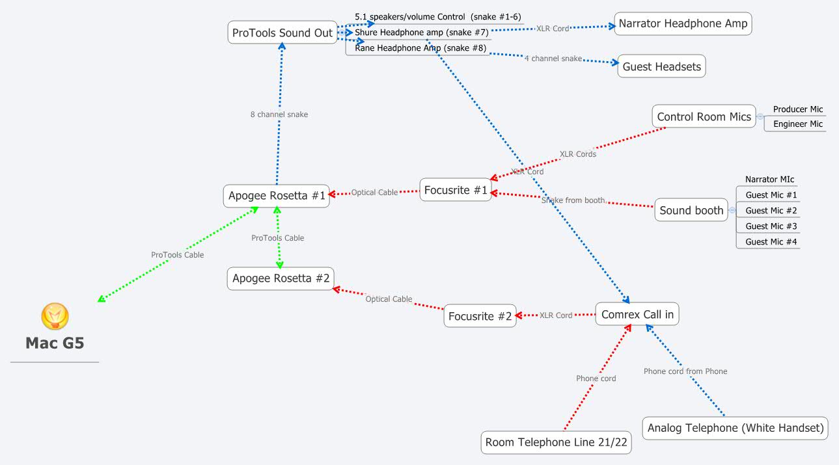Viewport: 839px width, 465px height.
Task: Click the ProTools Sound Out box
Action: tap(282, 33)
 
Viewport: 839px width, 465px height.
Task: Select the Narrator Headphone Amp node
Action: tap(683, 24)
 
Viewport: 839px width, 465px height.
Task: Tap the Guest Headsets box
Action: tap(661, 66)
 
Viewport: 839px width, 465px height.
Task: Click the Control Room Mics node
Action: tap(704, 117)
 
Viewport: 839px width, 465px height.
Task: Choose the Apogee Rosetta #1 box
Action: tap(277, 196)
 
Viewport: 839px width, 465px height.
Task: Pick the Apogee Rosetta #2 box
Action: tap(281, 278)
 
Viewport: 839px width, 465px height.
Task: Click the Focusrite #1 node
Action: tap(455, 190)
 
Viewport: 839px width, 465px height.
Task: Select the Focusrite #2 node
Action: tap(480, 317)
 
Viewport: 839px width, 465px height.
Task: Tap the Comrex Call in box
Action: tap(637, 315)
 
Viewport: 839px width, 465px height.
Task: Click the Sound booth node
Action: tap(691, 210)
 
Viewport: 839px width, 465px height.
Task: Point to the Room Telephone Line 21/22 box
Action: tap(556, 442)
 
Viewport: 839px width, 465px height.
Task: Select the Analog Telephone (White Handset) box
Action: tap(736, 428)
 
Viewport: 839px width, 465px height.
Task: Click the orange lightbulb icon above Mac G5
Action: tap(55, 317)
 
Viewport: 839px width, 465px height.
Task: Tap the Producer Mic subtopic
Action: tap(797, 109)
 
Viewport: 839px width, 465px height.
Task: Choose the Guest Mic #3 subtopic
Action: tap(771, 226)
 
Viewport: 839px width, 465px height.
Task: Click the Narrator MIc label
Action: tap(769, 179)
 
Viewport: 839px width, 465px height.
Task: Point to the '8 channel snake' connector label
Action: tap(279, 114)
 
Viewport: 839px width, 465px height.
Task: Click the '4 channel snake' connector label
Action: tap(553, 59)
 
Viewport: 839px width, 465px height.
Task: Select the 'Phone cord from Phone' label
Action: tap(685, 371)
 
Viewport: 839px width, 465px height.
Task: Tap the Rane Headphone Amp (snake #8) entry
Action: tap(420, 48)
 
